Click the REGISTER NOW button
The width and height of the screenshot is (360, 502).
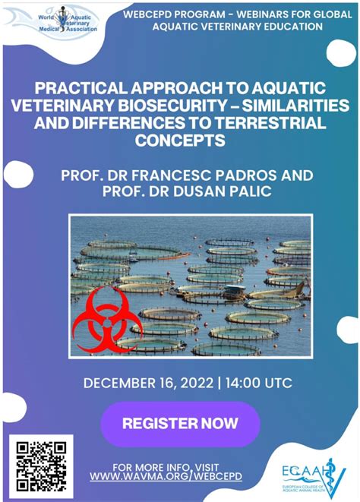[x=180, y=423]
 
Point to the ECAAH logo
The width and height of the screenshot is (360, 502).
[x=311, y=471]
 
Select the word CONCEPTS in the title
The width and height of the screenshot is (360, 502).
[x=180, y=140]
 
